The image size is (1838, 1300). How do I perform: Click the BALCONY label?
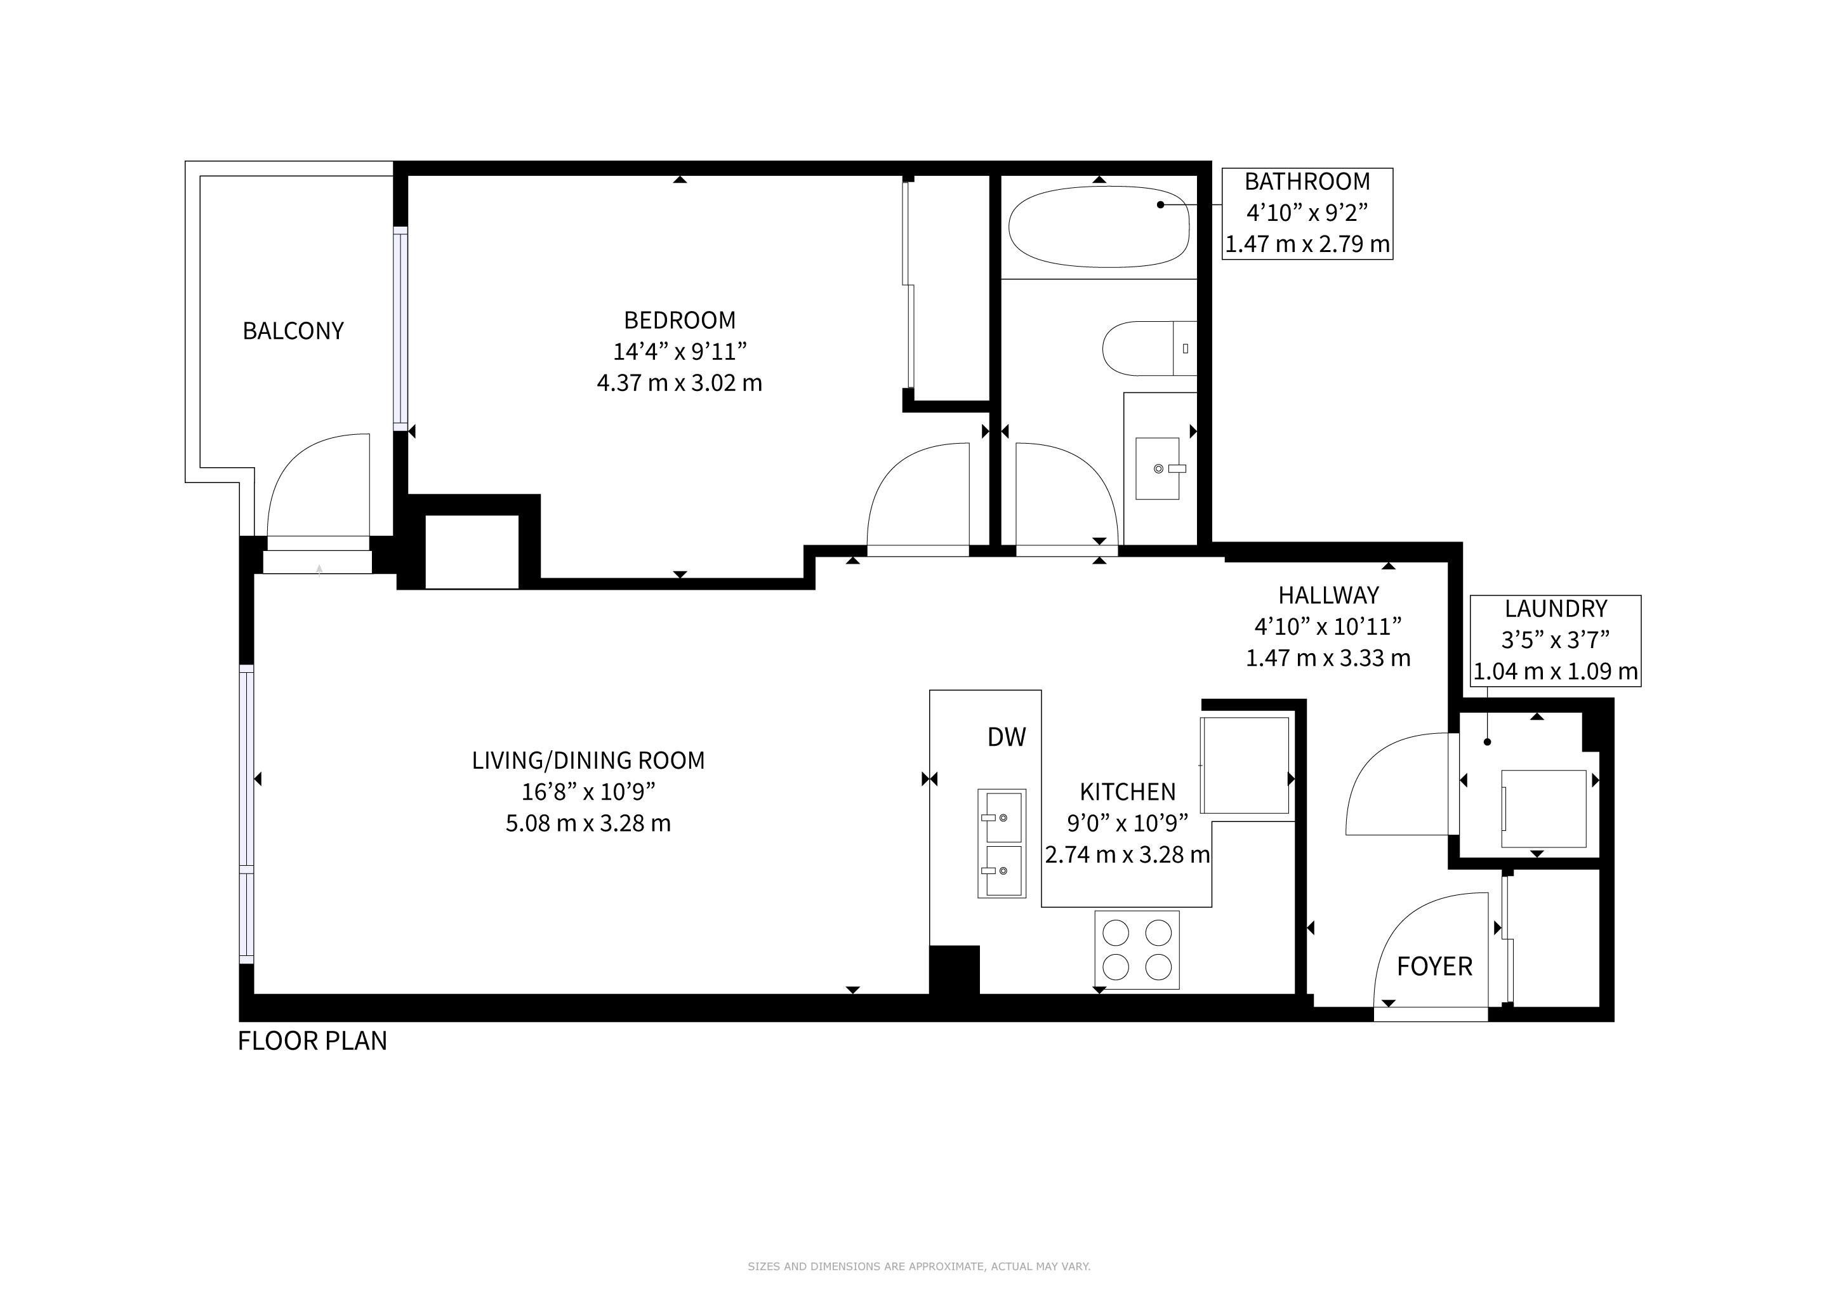tap(293, 331)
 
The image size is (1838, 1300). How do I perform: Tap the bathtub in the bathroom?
tap(1099, 227)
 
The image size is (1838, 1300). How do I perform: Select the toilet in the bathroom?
tap(1149, 348)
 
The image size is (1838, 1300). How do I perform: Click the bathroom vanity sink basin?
tap(1158, 468)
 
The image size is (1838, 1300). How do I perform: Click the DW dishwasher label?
tap(1006, 736)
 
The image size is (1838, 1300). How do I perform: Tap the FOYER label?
tap(1434, 966)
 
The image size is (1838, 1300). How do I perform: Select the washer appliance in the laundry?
tap(1544, 809)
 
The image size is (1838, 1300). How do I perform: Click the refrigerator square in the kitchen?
tap(1245, 766)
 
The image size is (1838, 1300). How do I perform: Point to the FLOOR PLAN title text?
tap(312, 1040)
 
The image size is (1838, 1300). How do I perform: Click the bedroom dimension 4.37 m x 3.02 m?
tap(679, 383)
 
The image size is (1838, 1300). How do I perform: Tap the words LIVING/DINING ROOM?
tap(588, 760)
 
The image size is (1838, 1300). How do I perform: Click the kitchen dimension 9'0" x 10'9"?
tap(1127, 823)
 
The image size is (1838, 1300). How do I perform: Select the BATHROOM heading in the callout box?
tap(1307, 182)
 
